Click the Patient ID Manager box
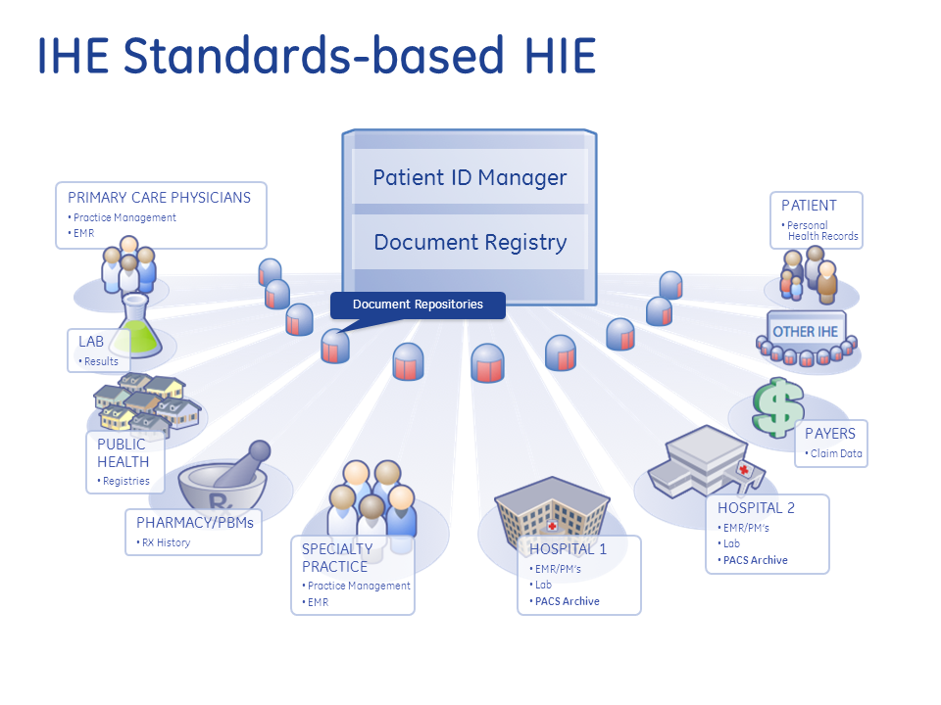470,177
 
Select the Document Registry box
470,242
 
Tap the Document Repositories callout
418,305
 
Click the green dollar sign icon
777,407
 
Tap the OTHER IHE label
806,332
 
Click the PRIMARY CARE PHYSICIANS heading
159,198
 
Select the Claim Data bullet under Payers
833,453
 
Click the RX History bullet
164,542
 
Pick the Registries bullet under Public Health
124,481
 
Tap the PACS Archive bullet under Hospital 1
565,601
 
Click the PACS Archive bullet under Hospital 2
753,560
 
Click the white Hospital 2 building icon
707,462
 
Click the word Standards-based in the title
314,55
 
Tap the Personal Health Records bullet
819,231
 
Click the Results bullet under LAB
98,361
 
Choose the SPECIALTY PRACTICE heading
337,557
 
